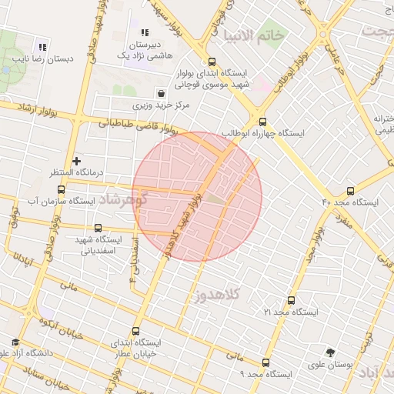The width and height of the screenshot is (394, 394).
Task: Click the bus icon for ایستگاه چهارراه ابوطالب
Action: [x=263, y=121]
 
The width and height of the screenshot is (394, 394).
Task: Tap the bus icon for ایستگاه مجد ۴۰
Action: [x=352, y=191]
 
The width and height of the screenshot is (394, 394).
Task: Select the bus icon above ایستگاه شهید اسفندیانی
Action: [x=98, y=229]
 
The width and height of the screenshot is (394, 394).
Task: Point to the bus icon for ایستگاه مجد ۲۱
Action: [x=290, y=301]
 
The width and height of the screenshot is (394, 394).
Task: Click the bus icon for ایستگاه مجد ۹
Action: [x=265, y=362]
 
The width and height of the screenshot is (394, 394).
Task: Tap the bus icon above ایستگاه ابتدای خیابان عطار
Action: [x=135, y=331]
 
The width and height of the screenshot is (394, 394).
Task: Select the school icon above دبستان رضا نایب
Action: [x=42, y=46]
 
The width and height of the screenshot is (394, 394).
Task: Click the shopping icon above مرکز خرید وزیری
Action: [x=160, y=92]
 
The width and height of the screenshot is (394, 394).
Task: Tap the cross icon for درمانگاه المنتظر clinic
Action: [x=75, y=161]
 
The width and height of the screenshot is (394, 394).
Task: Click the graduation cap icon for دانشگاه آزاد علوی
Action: [x=15, y=342]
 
